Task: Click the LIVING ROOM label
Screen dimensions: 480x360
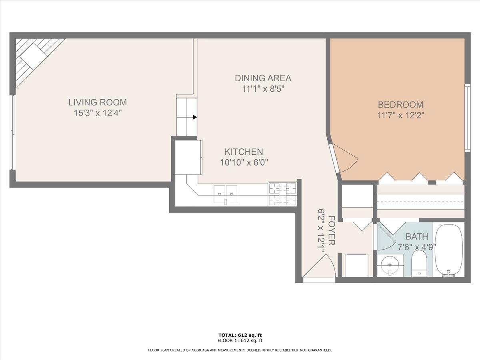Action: click(x=98, y=102)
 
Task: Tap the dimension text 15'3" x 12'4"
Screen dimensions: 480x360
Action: click(x=98, y=113)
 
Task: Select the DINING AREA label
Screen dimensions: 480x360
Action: click(x=263, y=78)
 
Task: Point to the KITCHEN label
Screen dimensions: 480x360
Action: click(x=244, y=152)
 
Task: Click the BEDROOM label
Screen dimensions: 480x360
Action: click(x=400, y=104)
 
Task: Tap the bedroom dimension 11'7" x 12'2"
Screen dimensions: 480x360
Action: click(x=401, y=115)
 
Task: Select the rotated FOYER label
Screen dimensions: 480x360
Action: click(x=332, y=230)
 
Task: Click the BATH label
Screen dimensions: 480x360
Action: click(x=417, y=236)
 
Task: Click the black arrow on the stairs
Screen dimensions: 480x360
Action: click(x=195, y=117)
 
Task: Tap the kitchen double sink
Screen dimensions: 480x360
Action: click(x=225, y=194)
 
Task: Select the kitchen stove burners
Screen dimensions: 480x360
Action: click(x=282, y=194)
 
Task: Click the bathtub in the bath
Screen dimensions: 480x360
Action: click(x=449, y=250)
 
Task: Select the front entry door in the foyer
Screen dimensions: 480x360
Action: click(x=319, y=269)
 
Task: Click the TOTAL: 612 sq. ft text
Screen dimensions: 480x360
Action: click(x=240, y=335)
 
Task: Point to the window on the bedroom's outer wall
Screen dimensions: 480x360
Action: click(x=468, y=118)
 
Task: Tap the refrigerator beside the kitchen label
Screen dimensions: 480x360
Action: click(x=188, y=157)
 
